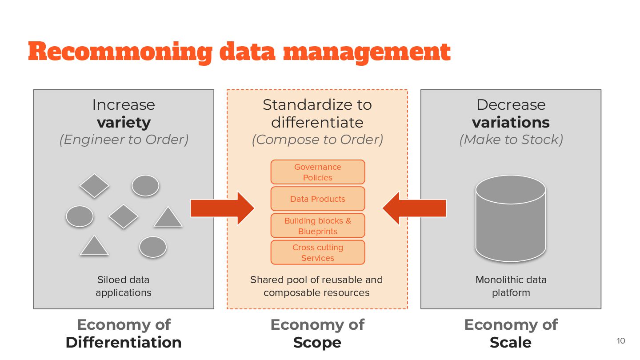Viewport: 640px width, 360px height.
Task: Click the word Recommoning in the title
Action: (120, 52)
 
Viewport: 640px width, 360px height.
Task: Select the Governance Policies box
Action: (318, 172)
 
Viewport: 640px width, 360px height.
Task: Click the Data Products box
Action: (318, 199)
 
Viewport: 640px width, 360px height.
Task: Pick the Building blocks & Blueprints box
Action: (318, 226)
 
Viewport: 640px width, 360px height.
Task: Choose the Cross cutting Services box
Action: (318, 252)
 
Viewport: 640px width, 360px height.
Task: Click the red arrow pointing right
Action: (222, 208)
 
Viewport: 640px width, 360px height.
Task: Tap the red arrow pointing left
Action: (414, 208)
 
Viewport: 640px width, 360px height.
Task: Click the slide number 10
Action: (621, 341)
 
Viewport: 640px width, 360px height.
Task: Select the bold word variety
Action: (124, 122)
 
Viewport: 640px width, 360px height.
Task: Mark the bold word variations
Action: (511, 122)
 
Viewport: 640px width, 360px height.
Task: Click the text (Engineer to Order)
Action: (124, 140)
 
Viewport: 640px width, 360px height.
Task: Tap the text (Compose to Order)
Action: (317, 140)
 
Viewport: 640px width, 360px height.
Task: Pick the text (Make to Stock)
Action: (511, 140)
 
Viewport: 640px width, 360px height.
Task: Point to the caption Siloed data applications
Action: (124, 286)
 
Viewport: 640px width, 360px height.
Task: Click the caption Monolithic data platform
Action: (511, 286)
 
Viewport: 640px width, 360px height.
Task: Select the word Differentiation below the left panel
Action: (124, 342)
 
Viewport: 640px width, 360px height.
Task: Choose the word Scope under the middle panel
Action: (317, 342)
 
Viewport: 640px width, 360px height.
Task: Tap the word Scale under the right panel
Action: (511, 342)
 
